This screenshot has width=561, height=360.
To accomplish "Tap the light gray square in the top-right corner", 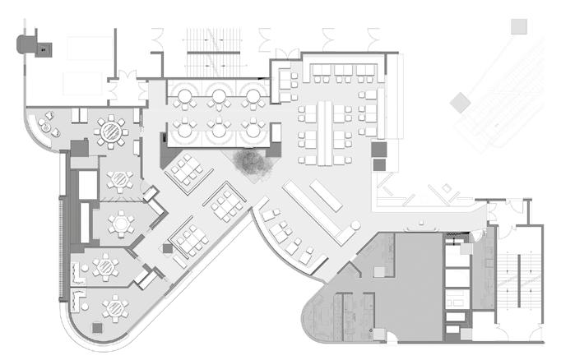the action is coord(518,27).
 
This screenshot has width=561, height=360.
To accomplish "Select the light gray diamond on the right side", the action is coord(460,103).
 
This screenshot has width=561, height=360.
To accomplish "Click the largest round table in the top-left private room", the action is coord(109,129).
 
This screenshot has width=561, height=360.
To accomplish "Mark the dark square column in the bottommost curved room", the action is coord(97,327).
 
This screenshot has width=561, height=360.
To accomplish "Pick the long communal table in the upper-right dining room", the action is coord(327,132).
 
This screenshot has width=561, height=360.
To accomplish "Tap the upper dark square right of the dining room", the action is coord(378,150).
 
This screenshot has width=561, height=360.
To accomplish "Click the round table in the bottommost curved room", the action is coord(114,308).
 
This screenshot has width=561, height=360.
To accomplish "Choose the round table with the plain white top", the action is coord(123,222).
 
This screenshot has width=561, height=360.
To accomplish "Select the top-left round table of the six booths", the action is coord(183,98).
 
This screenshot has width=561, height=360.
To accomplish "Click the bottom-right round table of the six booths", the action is coord(253,129).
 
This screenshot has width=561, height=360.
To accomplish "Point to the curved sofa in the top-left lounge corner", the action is coord(41,127).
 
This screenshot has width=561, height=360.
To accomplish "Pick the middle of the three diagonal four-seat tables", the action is coord(227,202).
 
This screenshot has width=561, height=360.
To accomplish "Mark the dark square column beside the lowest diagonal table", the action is coord(166,248).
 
